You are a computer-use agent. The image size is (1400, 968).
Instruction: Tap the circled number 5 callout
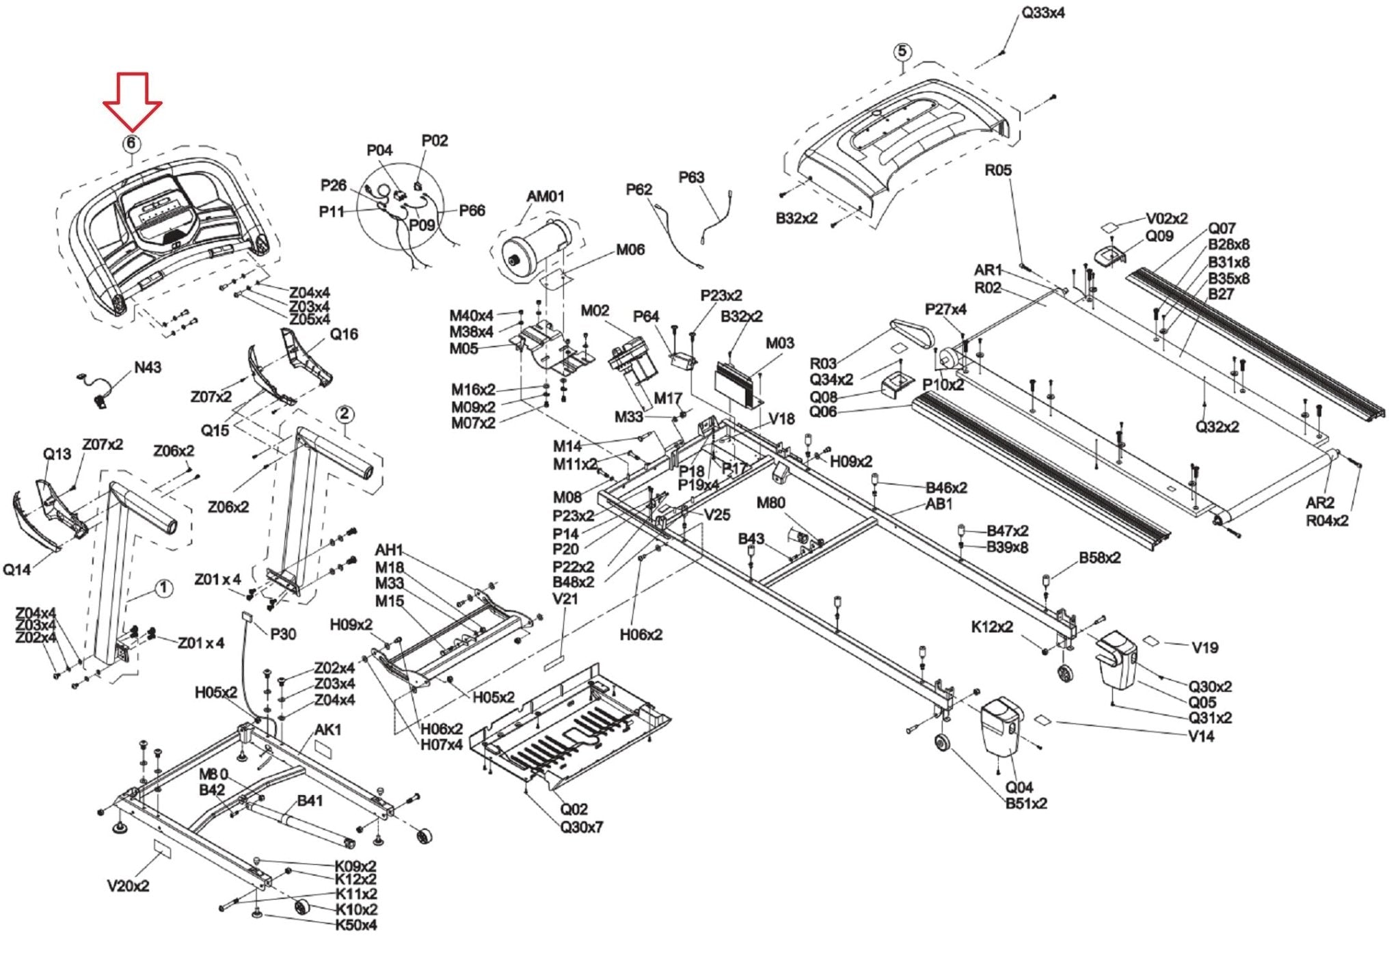902,52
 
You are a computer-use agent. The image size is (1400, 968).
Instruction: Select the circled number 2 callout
344,414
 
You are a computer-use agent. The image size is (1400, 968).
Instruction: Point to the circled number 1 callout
163,588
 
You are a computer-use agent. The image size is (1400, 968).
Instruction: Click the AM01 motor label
545,196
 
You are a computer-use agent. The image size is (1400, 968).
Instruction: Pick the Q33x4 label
1042,13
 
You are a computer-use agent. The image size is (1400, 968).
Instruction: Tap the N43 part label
147,368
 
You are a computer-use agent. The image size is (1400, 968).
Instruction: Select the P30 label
283,634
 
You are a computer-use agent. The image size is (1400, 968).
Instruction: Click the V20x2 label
128,886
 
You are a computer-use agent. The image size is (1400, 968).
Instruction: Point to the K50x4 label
355,925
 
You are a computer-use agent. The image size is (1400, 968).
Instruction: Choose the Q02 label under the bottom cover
574,809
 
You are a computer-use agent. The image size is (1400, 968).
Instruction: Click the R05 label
997,170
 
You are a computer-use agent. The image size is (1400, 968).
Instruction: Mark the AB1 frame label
939,504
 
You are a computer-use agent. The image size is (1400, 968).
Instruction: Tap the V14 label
1201,736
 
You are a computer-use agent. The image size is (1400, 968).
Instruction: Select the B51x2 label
1025,803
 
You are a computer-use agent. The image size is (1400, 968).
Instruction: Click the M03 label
779,343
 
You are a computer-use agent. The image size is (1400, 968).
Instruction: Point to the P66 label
472,210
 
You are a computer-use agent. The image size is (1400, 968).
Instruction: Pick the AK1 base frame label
327,729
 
